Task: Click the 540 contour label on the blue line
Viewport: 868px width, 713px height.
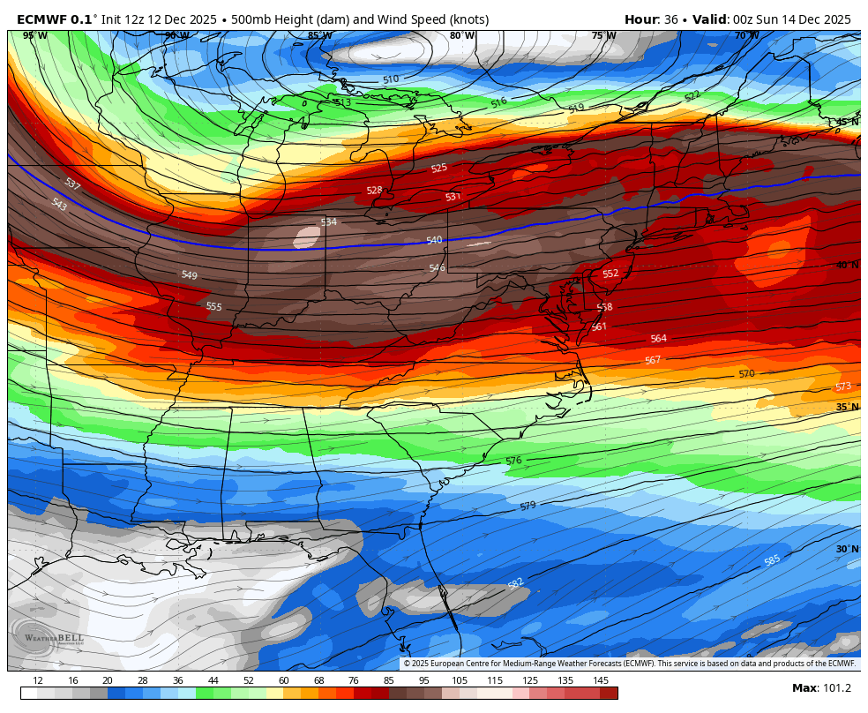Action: pos(434,240)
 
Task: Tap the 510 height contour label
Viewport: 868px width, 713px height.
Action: pos(391,79)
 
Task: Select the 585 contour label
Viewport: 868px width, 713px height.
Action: pos(772,560)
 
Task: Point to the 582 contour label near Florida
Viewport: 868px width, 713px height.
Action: pos(516,583)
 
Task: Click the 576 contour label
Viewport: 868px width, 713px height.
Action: pos(513,461)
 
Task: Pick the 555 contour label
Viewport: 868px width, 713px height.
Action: pos(214,306)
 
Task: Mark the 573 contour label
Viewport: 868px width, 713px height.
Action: pos(843,387)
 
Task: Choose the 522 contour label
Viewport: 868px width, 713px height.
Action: pos(692,95)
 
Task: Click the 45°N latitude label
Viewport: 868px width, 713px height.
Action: pos(846,122)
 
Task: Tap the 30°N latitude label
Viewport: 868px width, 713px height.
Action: pos(846,549)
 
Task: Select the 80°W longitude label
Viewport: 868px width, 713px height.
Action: pos(461,35)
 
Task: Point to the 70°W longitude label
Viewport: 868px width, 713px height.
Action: pos(746,35)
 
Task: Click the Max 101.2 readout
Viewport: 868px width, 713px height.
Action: pos(821,688)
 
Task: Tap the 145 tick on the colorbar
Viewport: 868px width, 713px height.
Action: pos(601,680)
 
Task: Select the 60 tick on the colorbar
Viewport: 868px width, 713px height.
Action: pos(283,680)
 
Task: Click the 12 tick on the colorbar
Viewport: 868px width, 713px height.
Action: pos(37,680)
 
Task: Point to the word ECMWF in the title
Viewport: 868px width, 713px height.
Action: pos(42,19)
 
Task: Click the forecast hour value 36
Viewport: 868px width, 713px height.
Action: pos(670,19)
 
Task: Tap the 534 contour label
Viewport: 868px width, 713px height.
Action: pos(329,221)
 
